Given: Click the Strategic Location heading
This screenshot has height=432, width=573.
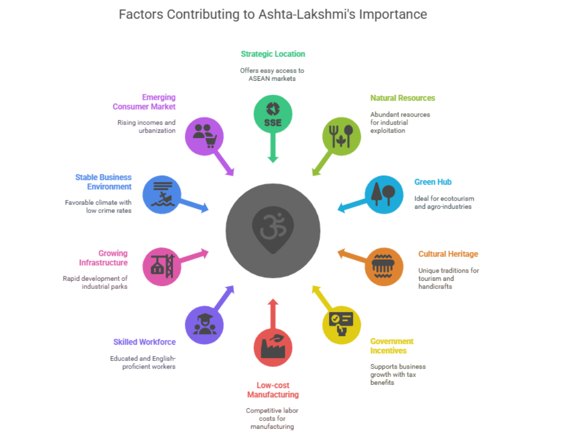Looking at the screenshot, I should point(273,54).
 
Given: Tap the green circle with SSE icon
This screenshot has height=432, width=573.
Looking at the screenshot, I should point(273,115).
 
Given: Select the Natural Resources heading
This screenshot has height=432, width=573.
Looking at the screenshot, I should point(402,98).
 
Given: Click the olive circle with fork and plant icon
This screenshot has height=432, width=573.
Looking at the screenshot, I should point(342,135).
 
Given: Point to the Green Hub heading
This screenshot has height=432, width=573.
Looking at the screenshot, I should point(433,182).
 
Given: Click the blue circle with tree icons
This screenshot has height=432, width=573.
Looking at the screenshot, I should point(384,194).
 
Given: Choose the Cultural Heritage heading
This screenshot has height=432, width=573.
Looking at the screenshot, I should point(448,254).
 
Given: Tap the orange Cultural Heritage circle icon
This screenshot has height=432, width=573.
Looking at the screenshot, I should point(384,266).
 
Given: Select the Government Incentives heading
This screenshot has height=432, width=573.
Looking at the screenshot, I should point(391,346).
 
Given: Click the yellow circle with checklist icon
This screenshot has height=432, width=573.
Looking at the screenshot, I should point(342,325).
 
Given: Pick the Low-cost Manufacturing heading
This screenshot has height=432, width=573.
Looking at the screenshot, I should point(273,390).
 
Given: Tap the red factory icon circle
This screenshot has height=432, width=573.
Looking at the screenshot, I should point(273,347).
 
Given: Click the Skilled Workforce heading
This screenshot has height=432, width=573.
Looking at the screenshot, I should point(144,342).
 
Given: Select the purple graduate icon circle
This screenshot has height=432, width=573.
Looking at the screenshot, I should point(204,325).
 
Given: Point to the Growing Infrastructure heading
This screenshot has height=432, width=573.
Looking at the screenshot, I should point(103,258).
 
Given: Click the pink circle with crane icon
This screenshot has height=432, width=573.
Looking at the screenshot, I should point(162,266).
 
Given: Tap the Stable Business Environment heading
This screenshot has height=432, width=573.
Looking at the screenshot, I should point(103,182).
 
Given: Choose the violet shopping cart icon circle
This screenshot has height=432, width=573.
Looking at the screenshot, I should point(204,136).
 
